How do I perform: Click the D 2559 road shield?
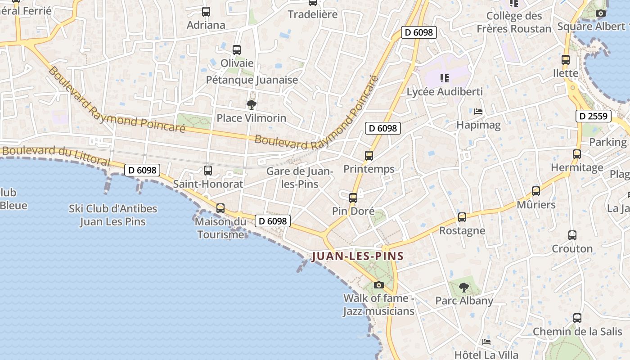(594, 116)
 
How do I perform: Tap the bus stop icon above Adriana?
(206, 12)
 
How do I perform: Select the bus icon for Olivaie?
(237, 50)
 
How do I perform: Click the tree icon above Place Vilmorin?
(252, 105)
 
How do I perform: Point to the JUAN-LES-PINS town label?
(358, 256)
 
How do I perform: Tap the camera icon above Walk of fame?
(379, 285)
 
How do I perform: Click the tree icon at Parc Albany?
(464, 287)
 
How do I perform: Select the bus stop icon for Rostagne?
(462, 217)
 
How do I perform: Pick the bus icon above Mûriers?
(536, 191)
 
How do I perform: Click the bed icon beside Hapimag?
(478, 111)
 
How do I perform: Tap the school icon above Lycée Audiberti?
(445, 78)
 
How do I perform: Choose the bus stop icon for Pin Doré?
(353, 198)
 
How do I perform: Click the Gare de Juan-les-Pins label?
(299, 177)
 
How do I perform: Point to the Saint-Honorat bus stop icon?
(208, 171)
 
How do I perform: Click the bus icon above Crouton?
(572, 235)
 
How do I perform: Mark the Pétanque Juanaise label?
(252, 80)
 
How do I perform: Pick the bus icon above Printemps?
(369, 156)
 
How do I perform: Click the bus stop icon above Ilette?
(566, 59)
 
